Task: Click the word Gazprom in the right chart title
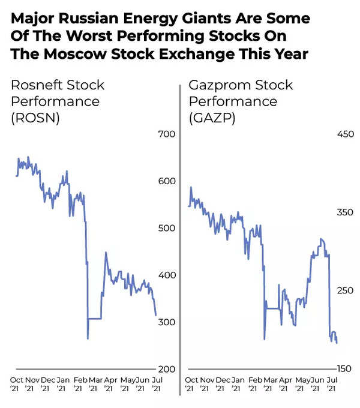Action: tap(215, 85)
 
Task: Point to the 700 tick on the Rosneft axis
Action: tap(166, 134)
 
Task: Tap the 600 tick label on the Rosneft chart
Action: tap(166, 181)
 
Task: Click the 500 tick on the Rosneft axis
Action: tap(166, 228)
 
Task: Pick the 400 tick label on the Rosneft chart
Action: tap(166, 275)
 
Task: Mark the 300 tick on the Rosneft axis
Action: tap(166, 322)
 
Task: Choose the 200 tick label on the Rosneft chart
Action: tap(166, 369)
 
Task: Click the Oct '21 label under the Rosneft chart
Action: tap(17, 384)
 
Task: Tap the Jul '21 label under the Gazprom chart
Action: tap(330, 384)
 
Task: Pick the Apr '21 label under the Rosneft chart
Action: tap(110, 384)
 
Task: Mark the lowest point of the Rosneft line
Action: tap(88, 339)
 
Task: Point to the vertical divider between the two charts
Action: tap(180, 240)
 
